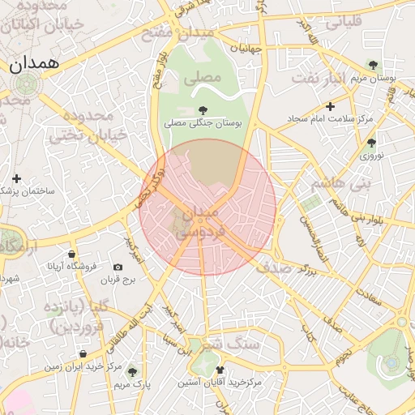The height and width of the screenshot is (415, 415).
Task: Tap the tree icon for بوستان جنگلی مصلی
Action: (x=203, y=109)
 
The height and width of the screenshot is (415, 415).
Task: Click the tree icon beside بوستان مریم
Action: (x=373, y=64)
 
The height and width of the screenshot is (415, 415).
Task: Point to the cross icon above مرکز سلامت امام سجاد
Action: (x=330, y=106)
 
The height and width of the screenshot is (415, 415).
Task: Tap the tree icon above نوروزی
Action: (x=371, y=142)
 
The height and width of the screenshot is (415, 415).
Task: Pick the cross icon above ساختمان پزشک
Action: (x=16, y=178)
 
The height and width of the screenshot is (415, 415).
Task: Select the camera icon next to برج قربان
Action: (x=118, y=267)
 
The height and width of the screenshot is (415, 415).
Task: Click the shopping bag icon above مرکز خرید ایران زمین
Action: (x=84, y=353)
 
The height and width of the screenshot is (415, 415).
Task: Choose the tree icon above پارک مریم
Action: (x=133, y=371)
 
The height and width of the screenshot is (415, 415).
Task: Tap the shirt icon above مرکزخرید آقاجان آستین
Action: (x=219, y=370)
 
